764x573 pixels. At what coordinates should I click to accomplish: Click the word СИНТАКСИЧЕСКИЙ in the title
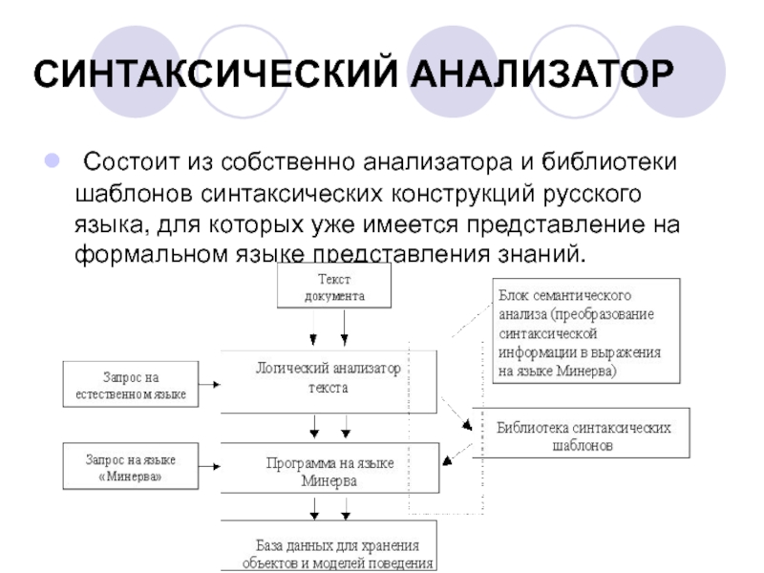(x=216, y=74)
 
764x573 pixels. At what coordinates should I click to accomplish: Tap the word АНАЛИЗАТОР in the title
(x=542, y=74)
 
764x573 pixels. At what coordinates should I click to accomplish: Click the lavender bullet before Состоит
(x=53, y=160)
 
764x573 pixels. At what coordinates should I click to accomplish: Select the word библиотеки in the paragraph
(x=609, y=161)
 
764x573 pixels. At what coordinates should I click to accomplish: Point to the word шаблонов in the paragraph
(x=134, y=194)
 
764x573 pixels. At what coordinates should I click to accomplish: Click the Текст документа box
(x=334, y=286)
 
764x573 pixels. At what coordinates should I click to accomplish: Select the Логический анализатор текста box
(x=329, y=381)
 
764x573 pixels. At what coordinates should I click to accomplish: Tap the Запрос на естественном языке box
(x=131, y=384)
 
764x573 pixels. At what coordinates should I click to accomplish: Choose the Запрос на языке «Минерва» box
(x=131, y=466)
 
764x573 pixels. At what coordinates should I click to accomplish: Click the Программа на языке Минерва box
(x=329, y=468)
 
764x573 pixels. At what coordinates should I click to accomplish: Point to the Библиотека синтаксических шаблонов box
(x=582, y=433)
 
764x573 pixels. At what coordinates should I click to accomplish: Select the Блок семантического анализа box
(x=586, y=330)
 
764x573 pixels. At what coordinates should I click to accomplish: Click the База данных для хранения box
(x=329, y=545)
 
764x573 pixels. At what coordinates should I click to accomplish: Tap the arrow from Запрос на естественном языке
(x=209, y=384)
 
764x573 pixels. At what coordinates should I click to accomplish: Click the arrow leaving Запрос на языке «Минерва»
(x=209, y=466)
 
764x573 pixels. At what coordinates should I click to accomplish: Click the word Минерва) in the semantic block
(x=586, y=371)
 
